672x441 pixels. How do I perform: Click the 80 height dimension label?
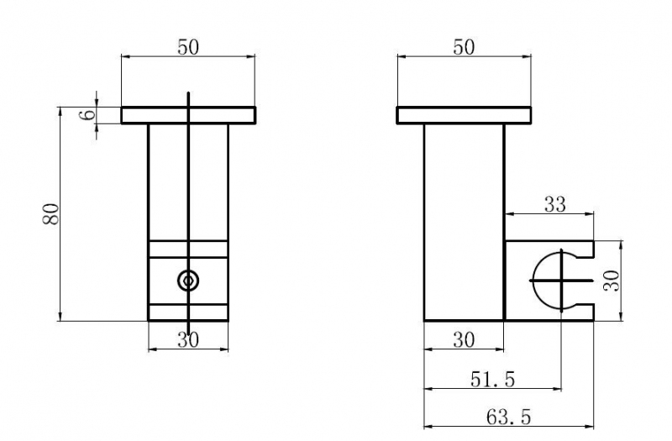(x=50, y=214)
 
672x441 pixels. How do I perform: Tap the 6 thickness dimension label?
(x=88, y=114)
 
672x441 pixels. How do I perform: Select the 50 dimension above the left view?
(x=188, y=47)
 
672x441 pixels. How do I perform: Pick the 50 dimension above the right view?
(x=464, y=47)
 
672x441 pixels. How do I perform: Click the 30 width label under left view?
(x=188, y=340)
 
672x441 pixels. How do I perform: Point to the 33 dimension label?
(x=555, y=204)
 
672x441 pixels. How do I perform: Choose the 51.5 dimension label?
(x=492, y=380)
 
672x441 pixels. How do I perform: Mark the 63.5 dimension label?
(x=509, y=417)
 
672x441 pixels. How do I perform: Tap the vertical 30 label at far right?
(x=612, y=281)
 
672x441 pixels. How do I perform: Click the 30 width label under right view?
(x=464, y=340)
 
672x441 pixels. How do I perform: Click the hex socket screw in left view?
(x=188, y=281)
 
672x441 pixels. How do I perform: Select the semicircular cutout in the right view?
(x=534, y=281)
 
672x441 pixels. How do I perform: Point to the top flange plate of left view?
(x=188, y=115)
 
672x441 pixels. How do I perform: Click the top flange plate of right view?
(x=464, y=115)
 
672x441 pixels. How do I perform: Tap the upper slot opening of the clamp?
(x=585, y=249)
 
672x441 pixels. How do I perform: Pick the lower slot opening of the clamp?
(x=585, y=312)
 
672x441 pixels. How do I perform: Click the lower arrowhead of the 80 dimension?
(x=60, y=317)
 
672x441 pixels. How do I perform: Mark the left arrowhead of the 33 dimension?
(x=511, y=213)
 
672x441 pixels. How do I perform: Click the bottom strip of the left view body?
(x=188, y=312)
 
